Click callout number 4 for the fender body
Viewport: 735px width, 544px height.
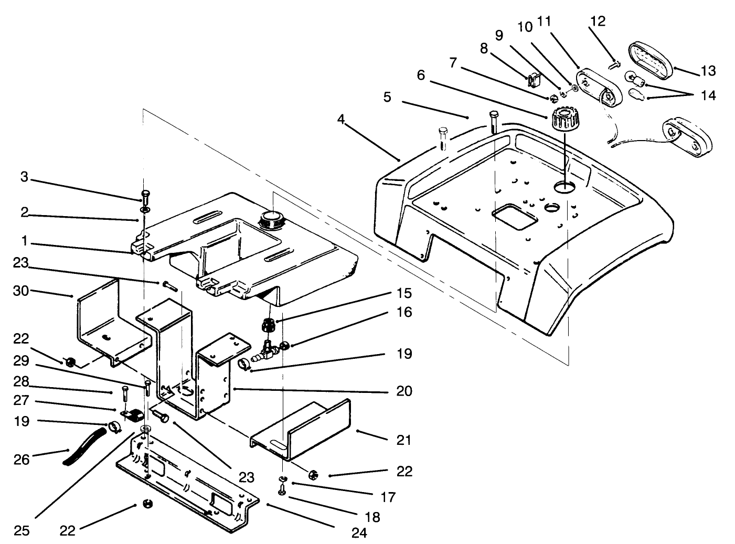[x=341, y=120]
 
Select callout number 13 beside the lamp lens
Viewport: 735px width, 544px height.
[x=708, y=70]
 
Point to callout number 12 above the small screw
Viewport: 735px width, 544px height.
[x=598, y=22]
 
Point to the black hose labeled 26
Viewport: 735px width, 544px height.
[x=84, y=446]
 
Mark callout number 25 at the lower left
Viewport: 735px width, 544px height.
[x=21, y=530]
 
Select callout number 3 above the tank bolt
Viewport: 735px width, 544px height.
[x=24, y=177]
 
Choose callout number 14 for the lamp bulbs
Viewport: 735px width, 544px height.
[x=708, y=95]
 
